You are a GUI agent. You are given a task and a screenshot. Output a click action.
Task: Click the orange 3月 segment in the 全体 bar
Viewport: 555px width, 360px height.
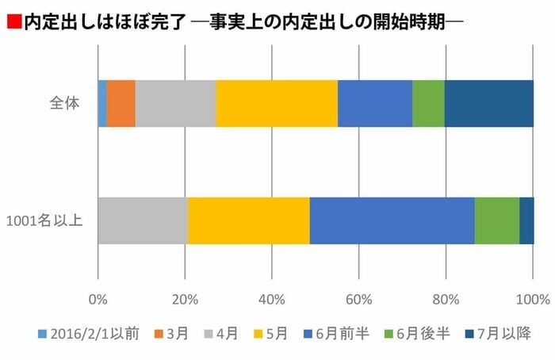tap(121, 103)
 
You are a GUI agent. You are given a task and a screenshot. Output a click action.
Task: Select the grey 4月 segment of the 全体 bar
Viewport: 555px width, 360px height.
tap(175, 103)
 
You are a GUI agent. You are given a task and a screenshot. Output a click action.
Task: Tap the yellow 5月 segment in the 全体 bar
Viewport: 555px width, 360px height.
tap(277, 103)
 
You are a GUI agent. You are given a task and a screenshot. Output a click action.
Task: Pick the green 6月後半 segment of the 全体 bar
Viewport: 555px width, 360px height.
tap(428, 103)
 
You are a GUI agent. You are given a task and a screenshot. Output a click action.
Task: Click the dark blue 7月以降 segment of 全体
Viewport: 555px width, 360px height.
tap(488, 103)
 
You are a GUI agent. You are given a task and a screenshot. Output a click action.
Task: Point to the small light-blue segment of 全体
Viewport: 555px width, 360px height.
tap(102, 103)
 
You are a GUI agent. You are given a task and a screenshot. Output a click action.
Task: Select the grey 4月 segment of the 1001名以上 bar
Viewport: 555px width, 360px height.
tap(143, 220)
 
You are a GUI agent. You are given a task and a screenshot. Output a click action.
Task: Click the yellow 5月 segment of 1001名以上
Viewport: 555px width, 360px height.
tap(248, 220)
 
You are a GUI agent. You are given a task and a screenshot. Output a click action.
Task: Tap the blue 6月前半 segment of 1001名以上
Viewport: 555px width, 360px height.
tap(392, 220)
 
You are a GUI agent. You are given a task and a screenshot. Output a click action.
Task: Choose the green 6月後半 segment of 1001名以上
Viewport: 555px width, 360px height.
tap(496, 220)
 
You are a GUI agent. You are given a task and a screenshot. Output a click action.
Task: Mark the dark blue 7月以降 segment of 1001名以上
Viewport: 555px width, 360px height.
tap(526, 220)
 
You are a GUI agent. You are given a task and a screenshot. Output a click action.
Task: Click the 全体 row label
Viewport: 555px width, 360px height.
tap(63, 104)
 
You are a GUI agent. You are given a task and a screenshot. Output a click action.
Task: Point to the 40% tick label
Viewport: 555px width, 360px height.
tap(272, 299)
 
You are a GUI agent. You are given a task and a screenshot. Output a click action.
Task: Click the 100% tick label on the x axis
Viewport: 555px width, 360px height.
tap(532, 299)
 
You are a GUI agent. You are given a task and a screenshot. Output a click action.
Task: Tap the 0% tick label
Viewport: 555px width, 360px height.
tap(98, 299)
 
